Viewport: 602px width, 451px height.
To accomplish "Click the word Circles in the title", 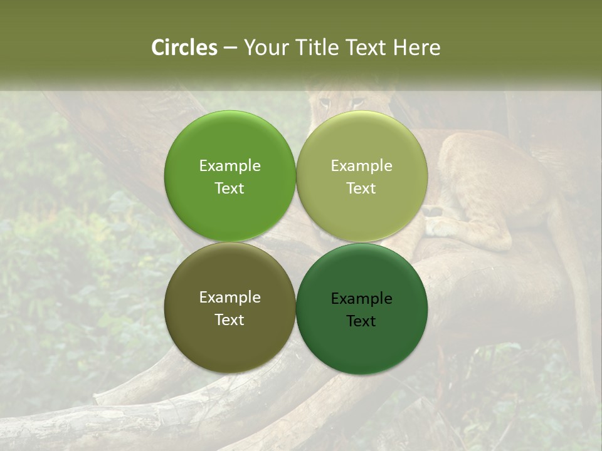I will [x=184, y=48].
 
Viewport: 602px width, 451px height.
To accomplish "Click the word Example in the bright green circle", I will [x=230, y=165].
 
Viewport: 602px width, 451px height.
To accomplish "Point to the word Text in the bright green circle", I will [x=230, y=188].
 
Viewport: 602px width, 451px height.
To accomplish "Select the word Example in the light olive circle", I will [x=361, y=165].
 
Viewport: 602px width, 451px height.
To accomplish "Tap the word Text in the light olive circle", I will [x=361, y=188].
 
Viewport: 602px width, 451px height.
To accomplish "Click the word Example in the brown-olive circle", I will [x=230, y=297].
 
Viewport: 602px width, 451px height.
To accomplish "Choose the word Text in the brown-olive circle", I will [x=230, y=319].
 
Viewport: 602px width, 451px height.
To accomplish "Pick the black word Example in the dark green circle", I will [x=361, y=298].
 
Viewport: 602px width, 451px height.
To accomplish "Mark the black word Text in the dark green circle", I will [x=361, y=321].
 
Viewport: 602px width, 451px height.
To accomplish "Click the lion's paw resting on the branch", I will [x=442, y=227].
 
